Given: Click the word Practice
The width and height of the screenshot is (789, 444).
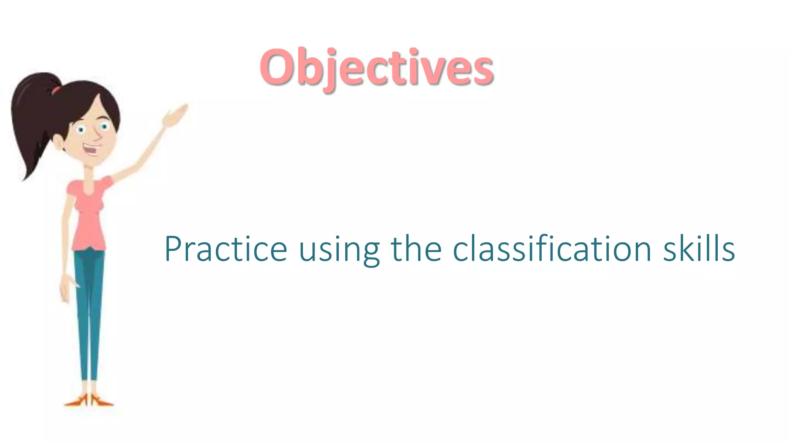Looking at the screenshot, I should coord(226,249).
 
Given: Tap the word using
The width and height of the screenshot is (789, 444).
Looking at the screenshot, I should coord(339,251).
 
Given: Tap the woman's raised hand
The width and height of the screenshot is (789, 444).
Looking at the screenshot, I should coord(175,115).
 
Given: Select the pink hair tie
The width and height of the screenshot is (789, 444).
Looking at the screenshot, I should coord(56,91).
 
